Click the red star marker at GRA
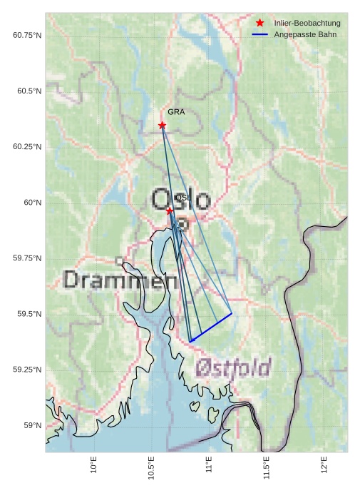(x=162, y=125)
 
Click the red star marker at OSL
(x=170, y=211)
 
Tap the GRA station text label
(x=176, y=112)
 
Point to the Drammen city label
(x=120, y=280)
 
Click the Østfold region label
(x=233, y=368)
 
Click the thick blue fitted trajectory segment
(x=211, y=327)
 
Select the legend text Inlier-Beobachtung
(x=307, y=24)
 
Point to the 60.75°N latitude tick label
(x=27, y=36)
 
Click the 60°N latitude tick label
(x=33, y=203)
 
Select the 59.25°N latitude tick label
(x=27, y=370)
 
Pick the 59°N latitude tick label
(x=33, y=425)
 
